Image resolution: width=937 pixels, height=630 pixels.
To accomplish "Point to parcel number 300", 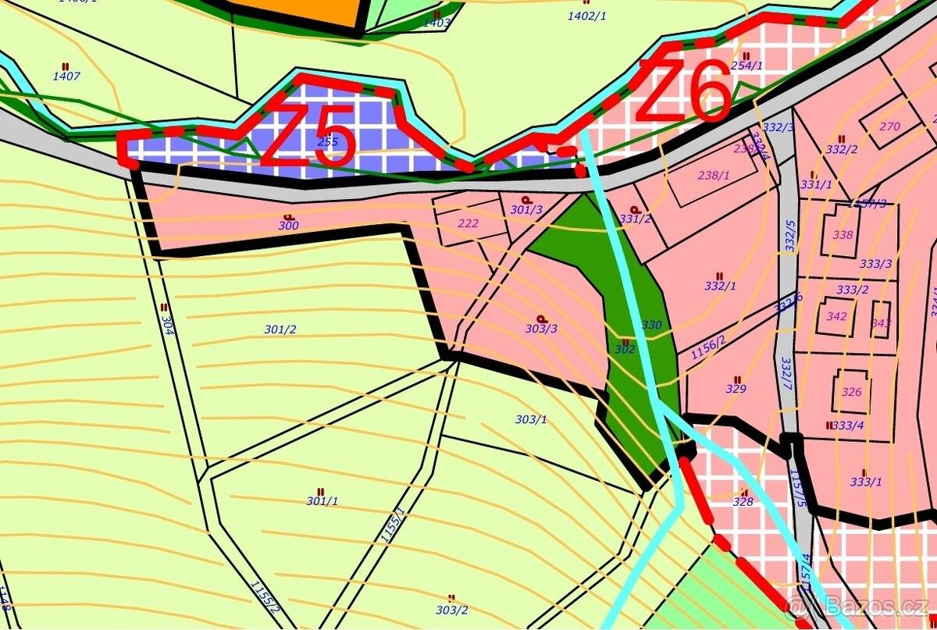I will [288, 226].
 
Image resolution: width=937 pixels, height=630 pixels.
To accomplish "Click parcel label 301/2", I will [280, 329].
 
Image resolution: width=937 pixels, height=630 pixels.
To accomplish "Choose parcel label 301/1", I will [322, 500].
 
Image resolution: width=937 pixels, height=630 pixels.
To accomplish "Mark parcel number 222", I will [468, 223].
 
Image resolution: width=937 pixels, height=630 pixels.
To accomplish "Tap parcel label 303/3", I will [541, 329].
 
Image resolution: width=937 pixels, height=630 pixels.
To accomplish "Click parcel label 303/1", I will [531, 419].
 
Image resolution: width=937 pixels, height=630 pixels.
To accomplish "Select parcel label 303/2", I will [452, 610].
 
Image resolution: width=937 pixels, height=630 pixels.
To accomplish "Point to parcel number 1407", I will [66, 76].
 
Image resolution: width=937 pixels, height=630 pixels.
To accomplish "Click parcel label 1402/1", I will [587, 16].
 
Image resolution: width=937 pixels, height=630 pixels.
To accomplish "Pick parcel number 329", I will [736, 388].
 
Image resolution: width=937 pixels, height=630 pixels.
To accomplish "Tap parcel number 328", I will [743, 501].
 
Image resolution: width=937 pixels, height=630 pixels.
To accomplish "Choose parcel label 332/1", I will [720, 286].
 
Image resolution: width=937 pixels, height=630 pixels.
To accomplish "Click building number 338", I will [843, 234].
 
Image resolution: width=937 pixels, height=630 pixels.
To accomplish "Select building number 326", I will [852, 392].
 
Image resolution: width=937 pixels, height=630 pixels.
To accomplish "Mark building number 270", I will [889, 126].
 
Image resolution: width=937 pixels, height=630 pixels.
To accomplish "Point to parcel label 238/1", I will [713, 176].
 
